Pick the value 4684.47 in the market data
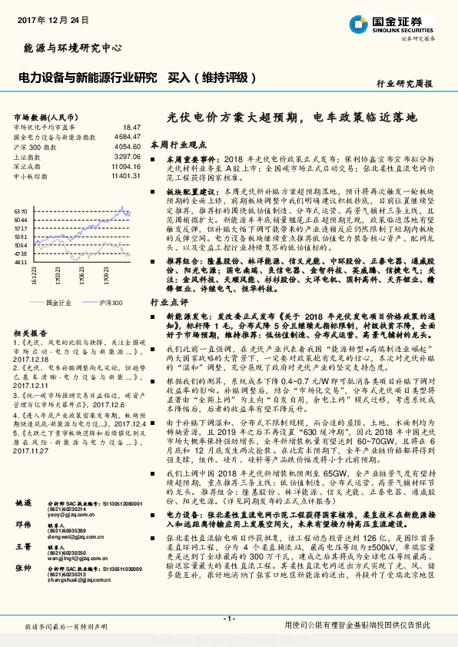click(127, 135)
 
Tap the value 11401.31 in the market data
click(125, 175)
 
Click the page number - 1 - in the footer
click(228, 619)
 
